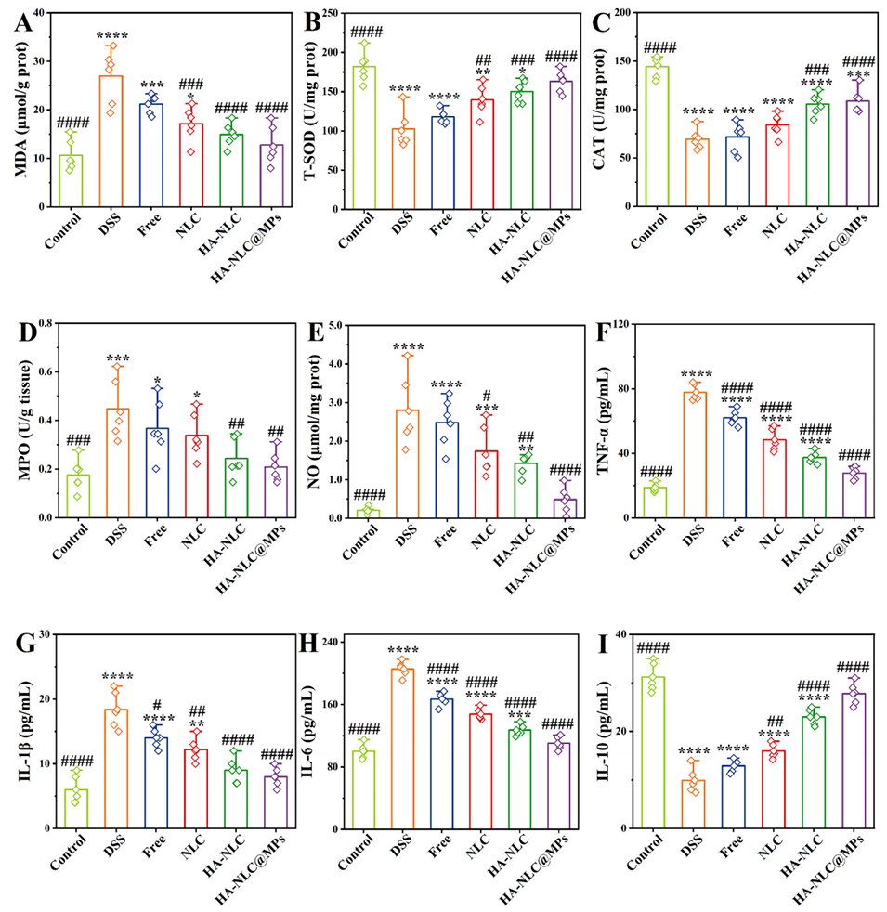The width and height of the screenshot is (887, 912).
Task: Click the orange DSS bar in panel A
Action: [111, 140]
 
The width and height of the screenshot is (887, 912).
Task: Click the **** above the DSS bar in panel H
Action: [404, 651]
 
